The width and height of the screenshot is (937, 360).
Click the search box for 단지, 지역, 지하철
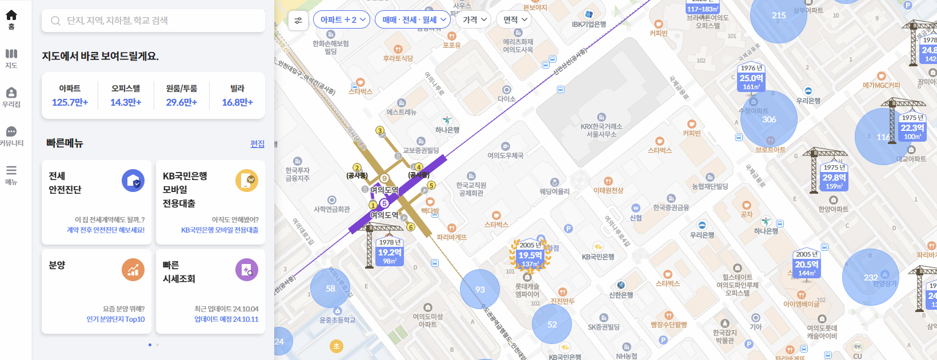tap(153, 21)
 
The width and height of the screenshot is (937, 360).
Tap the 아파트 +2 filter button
tap(342, 20)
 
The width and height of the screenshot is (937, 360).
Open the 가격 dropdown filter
tap(474, 20)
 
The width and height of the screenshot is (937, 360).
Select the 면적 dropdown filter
tap(514, 20)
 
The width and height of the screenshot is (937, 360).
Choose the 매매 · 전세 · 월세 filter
tap(413, 20)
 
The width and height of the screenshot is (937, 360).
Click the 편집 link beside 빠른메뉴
tap(257, 144)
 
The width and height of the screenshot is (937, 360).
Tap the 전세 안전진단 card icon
tap(133, 181)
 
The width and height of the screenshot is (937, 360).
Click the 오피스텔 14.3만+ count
tap(126, 96)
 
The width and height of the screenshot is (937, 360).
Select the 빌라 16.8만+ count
tap(237, 96)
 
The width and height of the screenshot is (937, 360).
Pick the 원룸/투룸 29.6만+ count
tap(181, 96)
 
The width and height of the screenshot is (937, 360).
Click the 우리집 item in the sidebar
tap(11, 97)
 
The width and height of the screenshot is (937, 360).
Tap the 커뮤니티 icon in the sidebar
tap(11, 132)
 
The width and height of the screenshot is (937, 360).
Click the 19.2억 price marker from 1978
tap(390, 253)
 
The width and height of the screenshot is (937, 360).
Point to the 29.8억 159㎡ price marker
tap(834, 178)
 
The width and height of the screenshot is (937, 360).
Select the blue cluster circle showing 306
tap(768, 119)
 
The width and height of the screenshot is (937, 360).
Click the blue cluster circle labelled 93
tap(480, 289)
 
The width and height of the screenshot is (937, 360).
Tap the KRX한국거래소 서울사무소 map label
tap(601, 130)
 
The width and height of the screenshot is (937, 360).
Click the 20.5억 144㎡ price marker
tap(807, 265)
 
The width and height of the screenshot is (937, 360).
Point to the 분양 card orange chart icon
tap(133, 270)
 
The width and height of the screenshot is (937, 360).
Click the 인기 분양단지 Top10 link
tap(115, 319)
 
